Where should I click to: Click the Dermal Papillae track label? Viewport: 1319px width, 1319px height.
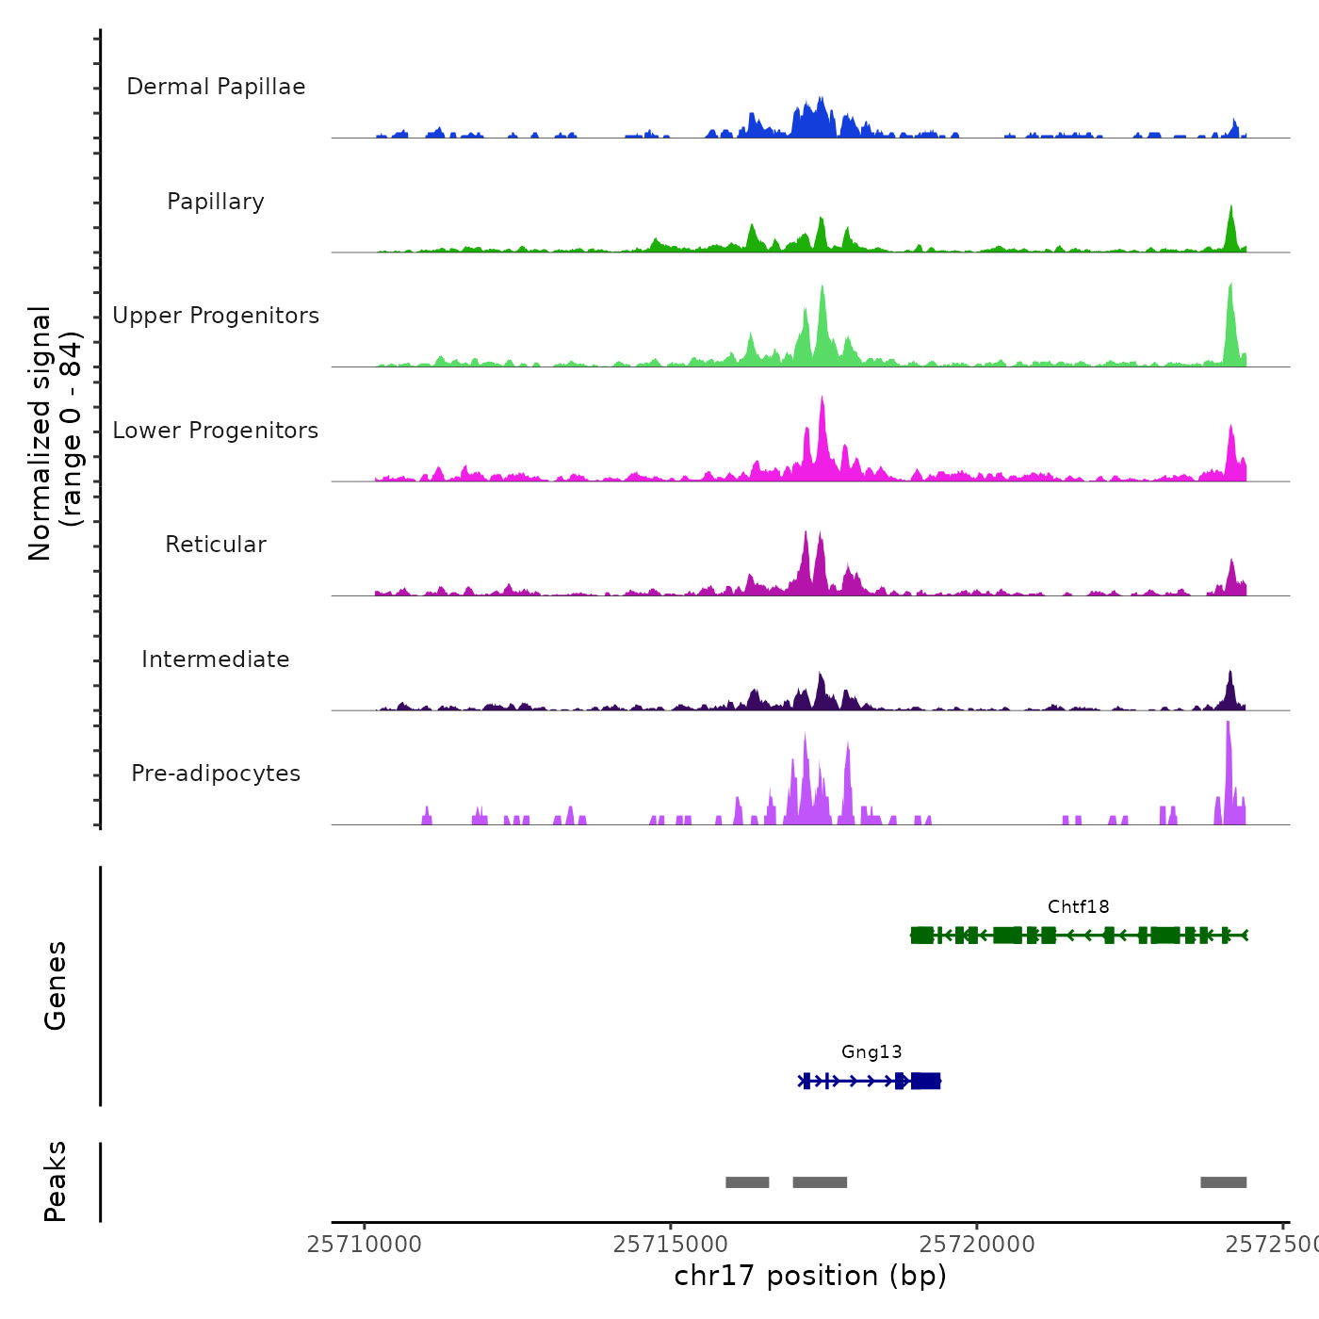pos(216,87)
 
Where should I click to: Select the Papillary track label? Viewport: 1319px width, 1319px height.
pos(216,202)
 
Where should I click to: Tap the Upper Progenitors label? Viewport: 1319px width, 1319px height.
pos(216,316)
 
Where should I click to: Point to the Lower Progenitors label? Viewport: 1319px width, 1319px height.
pos(216,431)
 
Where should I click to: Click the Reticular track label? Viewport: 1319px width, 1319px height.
pos(216,545)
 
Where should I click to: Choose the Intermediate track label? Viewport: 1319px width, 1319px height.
pos(216,659)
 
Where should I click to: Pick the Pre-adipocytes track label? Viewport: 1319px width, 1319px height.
pos(216,773)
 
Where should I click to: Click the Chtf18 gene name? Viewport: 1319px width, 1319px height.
pos(1078,906)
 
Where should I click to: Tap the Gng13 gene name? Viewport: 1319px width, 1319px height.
pos(871,1051)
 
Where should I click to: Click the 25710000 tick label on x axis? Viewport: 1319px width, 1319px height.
pos(365,1245)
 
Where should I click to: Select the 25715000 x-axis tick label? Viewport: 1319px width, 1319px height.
pos(671,1245)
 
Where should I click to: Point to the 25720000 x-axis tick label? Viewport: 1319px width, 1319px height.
pos(977,1245)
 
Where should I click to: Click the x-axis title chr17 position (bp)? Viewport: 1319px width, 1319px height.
pos(810,1276)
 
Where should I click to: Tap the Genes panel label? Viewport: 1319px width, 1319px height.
pos(56,985)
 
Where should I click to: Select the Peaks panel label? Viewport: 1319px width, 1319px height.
pos(56,1181)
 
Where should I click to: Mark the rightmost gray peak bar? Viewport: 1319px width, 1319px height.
pos(1223,1182)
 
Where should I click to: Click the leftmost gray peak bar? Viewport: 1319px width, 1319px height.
pos(747,1182)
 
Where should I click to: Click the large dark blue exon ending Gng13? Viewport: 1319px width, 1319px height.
pos(925,1081)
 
